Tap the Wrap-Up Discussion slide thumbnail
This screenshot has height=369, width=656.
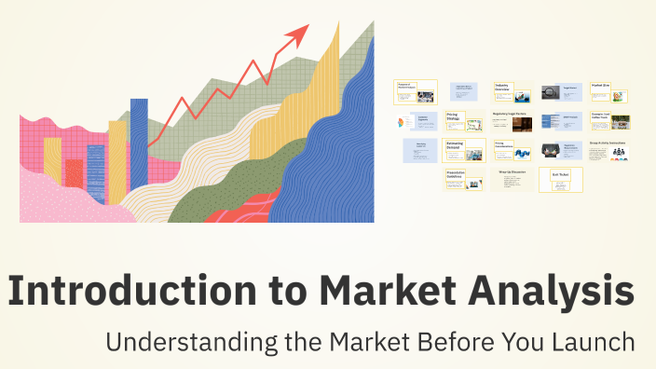[x=514, y=180]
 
